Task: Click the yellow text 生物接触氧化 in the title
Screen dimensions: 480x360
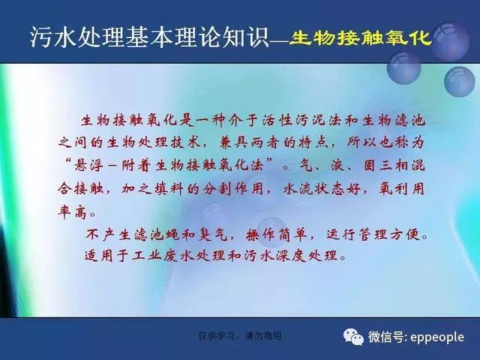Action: (361, 38)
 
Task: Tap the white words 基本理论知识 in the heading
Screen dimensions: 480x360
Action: (196, 37)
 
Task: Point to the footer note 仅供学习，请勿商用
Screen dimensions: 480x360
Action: (240, 336)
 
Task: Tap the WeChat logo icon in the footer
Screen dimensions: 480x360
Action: (353, 337)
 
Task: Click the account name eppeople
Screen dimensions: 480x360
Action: (436, 337)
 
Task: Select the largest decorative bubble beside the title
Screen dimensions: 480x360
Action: (450, 42)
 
